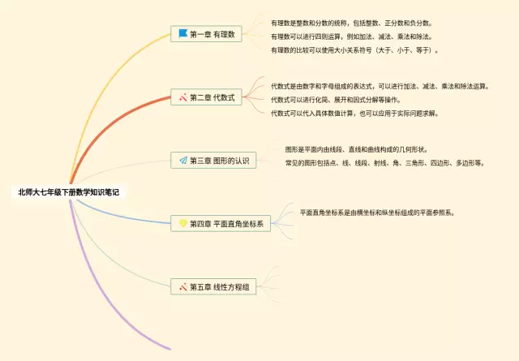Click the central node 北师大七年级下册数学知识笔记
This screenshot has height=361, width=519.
click(x=68, y=192)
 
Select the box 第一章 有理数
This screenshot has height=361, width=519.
click(x=206, y=34)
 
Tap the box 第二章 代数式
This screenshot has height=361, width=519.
click(x=206, y=97)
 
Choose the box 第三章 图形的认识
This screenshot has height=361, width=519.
click(x=213, y=161)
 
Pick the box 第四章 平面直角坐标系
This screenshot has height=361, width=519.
click(x=221, y=224)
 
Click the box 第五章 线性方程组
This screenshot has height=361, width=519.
click(x=213, y=287)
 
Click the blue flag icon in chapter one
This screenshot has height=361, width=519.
click(x=183, y=33)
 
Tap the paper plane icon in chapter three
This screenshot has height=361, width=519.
click(x=183, y=161)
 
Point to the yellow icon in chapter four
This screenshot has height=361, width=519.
click(x=183, y=223)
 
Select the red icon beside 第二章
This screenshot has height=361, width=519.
click(x=183, y=97)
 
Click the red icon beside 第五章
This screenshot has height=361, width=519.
click(x=183, y=287)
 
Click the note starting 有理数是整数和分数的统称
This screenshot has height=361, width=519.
click(x=351, y=24)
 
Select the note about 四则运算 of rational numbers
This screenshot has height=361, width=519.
click(x=351, y=37)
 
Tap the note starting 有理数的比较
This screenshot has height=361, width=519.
click(x=354, y=50)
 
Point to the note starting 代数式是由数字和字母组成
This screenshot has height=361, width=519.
click(x=380, y=87)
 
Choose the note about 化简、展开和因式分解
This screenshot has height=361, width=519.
click(x=336, y=100)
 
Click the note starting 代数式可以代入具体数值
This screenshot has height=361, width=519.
click(x=354, y=114)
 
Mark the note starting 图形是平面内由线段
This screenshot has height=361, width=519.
click(x=356, y=150)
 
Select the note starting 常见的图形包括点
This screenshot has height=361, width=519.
click(x=384, y=163)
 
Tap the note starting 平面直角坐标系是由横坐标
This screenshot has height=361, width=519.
click(x=377, y=213)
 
